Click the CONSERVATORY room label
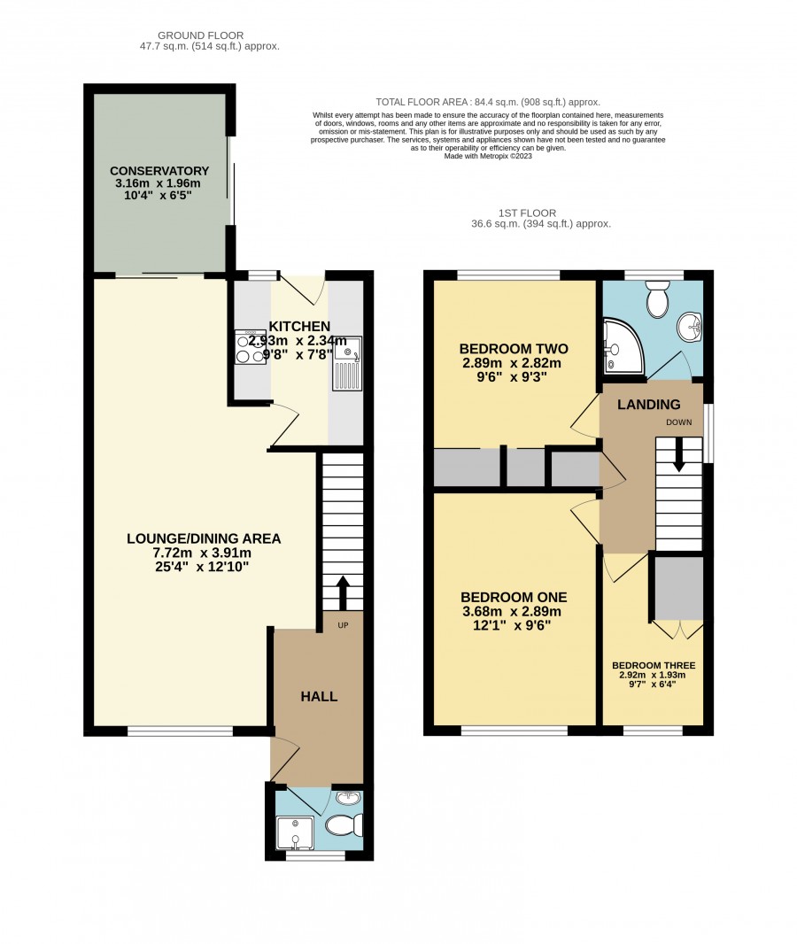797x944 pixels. pyautogui.click(x=159, y=171)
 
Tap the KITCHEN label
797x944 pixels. pyautogui.click(x=299, y=326)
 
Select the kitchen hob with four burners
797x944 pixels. pyautogui.click(x=251, y=347)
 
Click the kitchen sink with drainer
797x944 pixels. pyautogui.click(x=347, y=364)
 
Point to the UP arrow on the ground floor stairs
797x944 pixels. pyautogui.click(x=343, y=594)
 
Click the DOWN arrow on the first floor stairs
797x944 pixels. pyautogui.click(x=678, y=455)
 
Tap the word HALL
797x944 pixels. pyautogui.click(x=319, y=697)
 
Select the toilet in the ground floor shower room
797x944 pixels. pyautogui.click(x=344, y=824)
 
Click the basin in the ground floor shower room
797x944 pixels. pyautogui.click(x=349, y=798)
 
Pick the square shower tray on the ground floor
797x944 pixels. pyautogui.click(x=294, y=832)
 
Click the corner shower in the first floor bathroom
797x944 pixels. pyautogui.click(x=623, y=347)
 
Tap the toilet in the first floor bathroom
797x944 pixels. pyautogui.click(x=657, y=298)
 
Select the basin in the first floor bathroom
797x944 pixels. pyautogui.click(x=691, y=329)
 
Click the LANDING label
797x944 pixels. pyautogui.click(x=649, y=405)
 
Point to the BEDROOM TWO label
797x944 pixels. pyautogui.click(x=514, y=349)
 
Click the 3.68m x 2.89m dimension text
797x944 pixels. pyautogui.click(x=512, y=612)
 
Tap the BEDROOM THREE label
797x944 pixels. pyautogui.click(x=654, y=665)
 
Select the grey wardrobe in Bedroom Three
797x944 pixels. pyautogui.click(x=678, y=588)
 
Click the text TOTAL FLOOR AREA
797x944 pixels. pyautogui.click(x=421, y=103)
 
